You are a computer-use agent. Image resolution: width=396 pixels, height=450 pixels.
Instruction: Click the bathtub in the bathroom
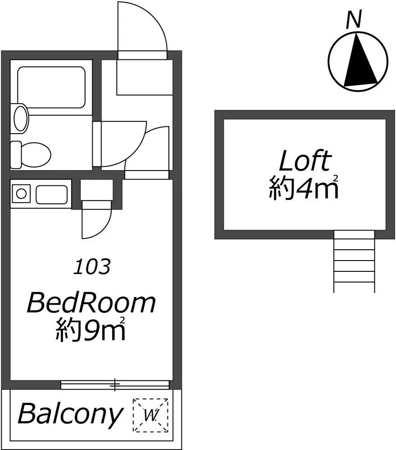pyautogui.click(x=51, y=87)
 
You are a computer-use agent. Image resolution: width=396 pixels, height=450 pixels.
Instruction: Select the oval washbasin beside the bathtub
pyautogui.click(x=21, y=118)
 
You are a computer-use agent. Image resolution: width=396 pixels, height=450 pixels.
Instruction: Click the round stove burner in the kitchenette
pyautogui.click(x=21, y=193)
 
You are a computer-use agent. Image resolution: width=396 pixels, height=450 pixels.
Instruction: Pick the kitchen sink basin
pyautogui.click(x=52, y=194)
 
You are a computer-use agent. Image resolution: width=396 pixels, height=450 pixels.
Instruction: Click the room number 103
pyautogui.click(x=92, y=266)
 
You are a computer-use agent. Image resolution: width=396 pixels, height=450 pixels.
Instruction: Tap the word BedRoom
pyautogui.click(x=91, y=303)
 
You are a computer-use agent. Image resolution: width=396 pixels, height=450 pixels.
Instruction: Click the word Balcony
pyautogui.click(x=70, y=414)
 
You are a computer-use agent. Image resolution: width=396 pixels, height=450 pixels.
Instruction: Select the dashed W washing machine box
pyautogui.click(x=150, y=415)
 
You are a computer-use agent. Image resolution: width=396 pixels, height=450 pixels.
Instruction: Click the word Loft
pyautogui.click(x=305, y=161)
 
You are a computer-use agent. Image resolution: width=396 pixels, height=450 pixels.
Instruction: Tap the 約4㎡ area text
pyautogui.click(x=304, y=188)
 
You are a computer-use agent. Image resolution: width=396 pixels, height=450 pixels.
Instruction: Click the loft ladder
pyautogui.click(x=354, y=261)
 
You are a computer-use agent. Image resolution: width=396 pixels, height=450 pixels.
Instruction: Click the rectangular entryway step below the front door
pyautogui.click(x=144, y=77)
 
